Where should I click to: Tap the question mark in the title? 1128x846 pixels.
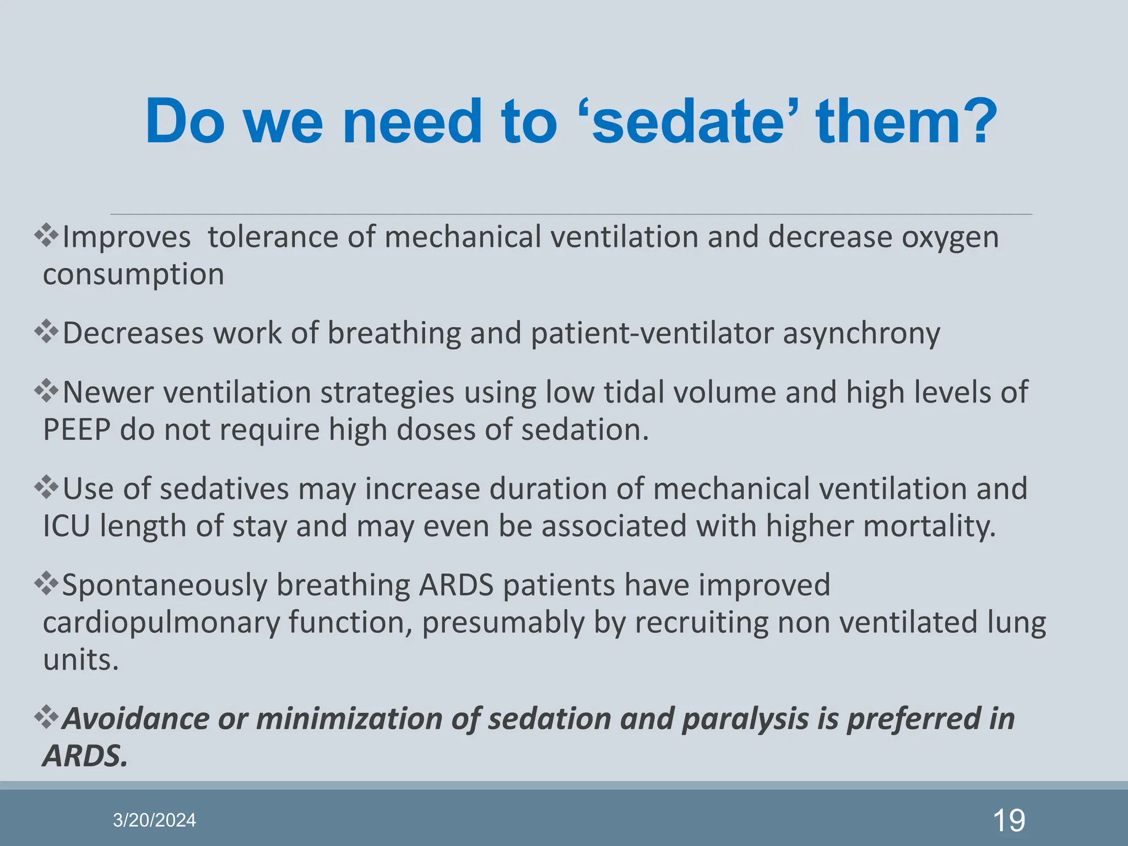(x=978, y=122)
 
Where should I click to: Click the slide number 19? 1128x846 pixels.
(x=1008, y=820)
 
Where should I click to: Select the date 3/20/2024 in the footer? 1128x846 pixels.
(x=154, y=820)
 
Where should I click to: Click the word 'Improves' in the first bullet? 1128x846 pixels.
(x=126, y=238)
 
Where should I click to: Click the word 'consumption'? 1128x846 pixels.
(x=133, y=274)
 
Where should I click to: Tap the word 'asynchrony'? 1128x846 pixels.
(x=861, y=334)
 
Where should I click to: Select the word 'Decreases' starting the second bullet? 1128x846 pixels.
(x=133, y=333)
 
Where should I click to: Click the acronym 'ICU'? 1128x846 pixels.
(x=66, y=527)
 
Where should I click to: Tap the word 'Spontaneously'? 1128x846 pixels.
(x=164, y=586)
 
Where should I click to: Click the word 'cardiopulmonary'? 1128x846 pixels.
(x=161, y=623)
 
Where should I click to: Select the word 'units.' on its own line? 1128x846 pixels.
(x=80, y=660)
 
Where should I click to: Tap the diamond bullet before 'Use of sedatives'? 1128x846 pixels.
(x=46, y=487)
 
